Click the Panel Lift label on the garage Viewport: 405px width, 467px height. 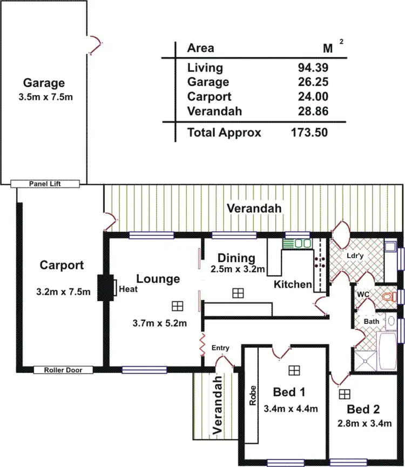pyautogui.click(x=45, y=184)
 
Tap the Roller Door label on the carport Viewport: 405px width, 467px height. pyautogui.click(x=63, y=370)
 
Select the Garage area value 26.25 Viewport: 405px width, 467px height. pyautogui.click(x=313, y=82)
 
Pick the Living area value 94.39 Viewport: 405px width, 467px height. pyautogui.click(x=313, y=67)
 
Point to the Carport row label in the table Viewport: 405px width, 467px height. pyautogui.click(x=209, y=97)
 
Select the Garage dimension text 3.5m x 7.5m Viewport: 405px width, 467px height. pyautogui.click(x=44, y=98)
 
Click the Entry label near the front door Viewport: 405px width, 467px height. pyautogui.click(x=220, y=348)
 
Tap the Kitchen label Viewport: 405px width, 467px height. pyautogui.click(x=293, y=285)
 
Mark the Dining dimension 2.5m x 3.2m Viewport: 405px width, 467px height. pyautogui.click(x=237, y=269)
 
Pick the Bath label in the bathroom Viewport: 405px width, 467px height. pyautogui.click(x=372, y=321)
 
